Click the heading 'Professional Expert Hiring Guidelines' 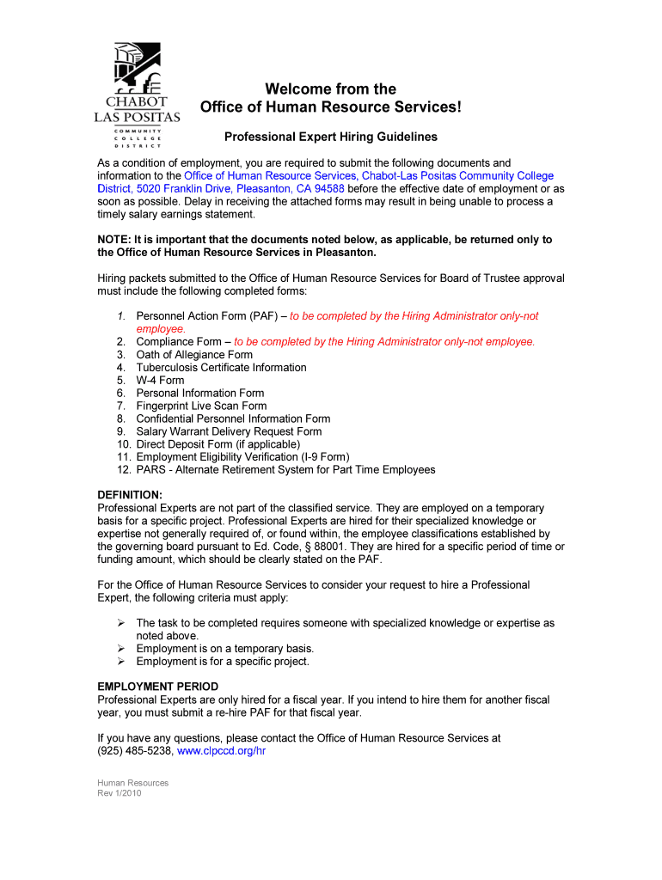[x=331, y=137]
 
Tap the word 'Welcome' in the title [x=295, y=89]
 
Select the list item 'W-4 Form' [x=160, y=380]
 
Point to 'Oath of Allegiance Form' [x=194, y=354]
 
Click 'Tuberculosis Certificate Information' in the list [x=221, y=367]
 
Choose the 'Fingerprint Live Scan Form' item [x=201, y=406]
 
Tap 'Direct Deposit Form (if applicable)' [x=218, y=444]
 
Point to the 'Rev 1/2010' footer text [x=119, y=793]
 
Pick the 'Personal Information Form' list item [x=200, y=393]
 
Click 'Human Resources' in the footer [x=133, y=783]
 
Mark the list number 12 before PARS [x=123, y=470]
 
